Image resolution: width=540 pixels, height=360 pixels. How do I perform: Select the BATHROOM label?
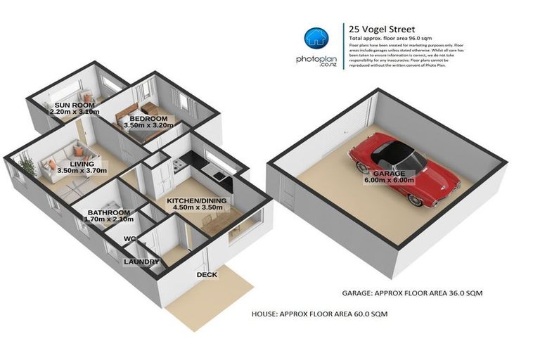click(x=108, y=212)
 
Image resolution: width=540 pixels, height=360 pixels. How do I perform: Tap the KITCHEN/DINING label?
click(x=196, y=201)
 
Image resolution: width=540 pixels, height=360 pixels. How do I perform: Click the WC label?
click(x=129, y=238)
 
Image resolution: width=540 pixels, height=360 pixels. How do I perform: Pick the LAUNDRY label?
click(x=141, y=262)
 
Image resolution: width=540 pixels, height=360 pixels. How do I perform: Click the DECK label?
click(x=206, y=274)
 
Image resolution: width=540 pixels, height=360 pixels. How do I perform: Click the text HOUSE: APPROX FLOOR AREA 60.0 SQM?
click(x=319, y=314)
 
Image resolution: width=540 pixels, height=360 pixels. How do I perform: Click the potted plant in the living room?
click(x=27, y=167)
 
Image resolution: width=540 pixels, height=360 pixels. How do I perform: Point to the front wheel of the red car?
click(x=416, y=199)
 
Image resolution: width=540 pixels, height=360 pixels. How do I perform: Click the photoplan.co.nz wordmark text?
click(x=317, y=60)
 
